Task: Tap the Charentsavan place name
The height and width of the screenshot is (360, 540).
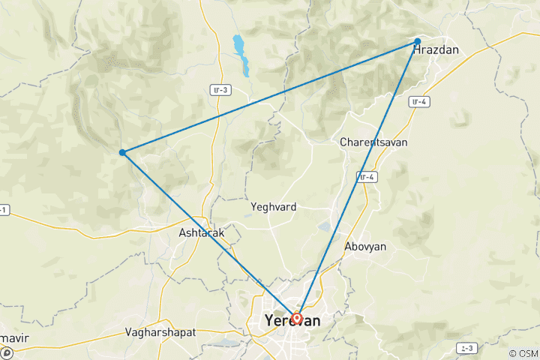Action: [x=373, y=141]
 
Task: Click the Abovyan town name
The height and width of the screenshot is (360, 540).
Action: [x=366, y=246]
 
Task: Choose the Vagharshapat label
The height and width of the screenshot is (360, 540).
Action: [x=160, y=331]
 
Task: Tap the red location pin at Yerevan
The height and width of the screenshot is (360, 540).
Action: [x=297, y=318]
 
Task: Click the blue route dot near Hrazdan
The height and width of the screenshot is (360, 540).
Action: [x=417, y=42]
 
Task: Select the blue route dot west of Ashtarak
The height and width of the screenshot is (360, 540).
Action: [x=122, y=153]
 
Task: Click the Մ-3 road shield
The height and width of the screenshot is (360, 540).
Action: [x=220, y=90]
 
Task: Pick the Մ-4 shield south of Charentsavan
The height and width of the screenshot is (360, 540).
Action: [x=367, y=177]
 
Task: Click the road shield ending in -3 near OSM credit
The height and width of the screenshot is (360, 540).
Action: [x=468, y=349]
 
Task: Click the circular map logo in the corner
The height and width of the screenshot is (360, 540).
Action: [x=6, y=353]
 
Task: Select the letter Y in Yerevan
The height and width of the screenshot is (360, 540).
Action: [x=270, y=321]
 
